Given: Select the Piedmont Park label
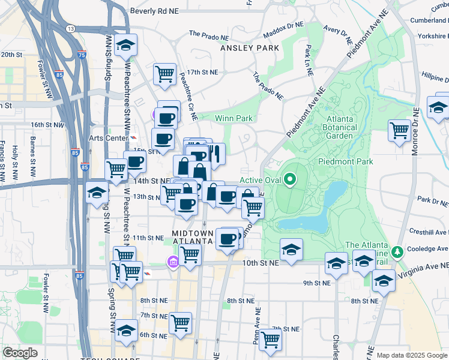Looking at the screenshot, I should point(345,161).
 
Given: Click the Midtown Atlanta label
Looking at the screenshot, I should point(193,237).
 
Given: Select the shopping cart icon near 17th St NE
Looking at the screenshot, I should point(164,74).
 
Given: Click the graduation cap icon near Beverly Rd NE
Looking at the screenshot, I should point(126,45).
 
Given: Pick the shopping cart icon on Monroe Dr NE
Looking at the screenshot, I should point(399,130).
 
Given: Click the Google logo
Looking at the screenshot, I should point(20,352).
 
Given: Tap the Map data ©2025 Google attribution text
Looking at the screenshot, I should point(412,355).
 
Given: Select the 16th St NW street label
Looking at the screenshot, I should point(47,125).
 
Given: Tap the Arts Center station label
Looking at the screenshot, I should point(109,138).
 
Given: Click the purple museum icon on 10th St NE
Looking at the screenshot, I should point(173,262).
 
